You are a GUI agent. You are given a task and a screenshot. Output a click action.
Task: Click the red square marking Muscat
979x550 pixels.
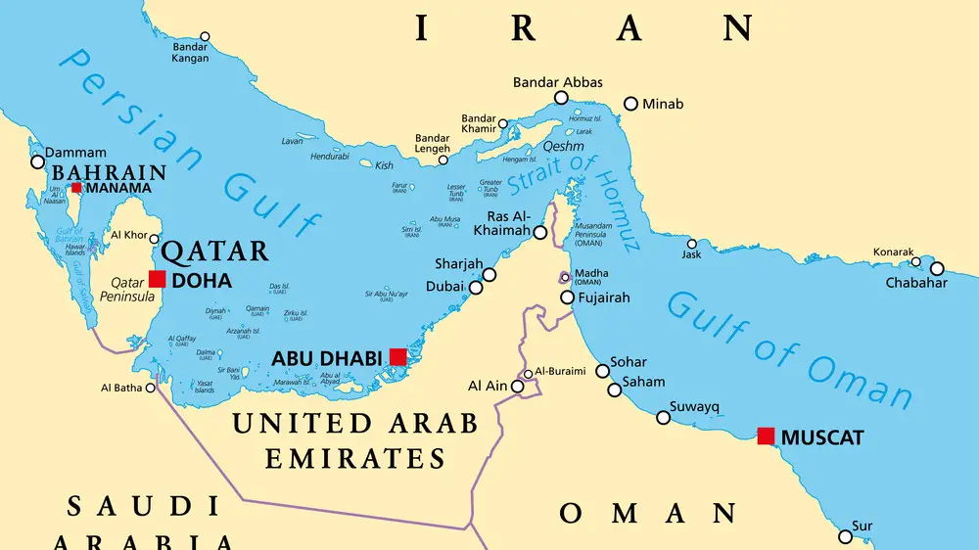click(766, 435)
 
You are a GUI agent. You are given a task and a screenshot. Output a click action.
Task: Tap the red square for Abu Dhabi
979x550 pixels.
click(397, 356)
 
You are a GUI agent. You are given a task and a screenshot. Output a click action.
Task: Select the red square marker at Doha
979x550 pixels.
click(157, 279)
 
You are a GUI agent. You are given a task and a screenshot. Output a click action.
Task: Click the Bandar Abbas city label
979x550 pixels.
click(558, 82)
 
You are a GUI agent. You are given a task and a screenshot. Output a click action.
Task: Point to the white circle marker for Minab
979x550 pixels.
click(630, 103)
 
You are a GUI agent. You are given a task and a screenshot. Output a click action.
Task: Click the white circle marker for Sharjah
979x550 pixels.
click(489, 275)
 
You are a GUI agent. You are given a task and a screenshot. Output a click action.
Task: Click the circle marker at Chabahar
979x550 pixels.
click(937, 268)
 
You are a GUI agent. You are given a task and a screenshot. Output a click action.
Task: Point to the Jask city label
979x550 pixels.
click(692, 256)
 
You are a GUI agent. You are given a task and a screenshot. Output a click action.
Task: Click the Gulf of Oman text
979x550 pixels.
click(788, 347)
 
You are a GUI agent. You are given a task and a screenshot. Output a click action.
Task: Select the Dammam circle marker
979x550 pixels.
click(38, 160)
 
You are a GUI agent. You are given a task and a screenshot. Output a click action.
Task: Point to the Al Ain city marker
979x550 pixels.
click(518, 388)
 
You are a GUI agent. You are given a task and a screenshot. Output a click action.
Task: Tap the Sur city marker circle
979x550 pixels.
click(846, 536)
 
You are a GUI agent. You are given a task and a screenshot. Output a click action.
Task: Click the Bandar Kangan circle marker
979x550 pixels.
click(204, 36)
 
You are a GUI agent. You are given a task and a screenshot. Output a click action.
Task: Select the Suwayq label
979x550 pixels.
click(694, 406)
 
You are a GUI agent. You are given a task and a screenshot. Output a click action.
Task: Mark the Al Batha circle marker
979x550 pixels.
click(150, 388)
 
